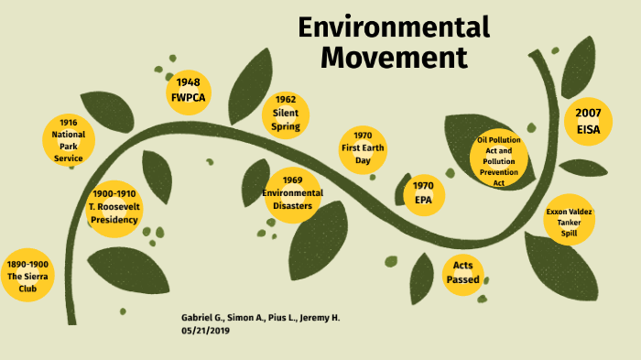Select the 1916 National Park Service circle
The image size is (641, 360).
coord(69,140)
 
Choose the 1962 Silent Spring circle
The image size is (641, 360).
coord(286,115)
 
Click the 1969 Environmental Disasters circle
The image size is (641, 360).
coord(292,193)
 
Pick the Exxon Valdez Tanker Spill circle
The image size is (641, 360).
coord(569,223)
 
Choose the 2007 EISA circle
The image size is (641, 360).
coord(588,121)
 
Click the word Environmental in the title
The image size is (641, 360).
coord(394,27)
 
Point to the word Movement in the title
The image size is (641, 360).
coord(394,58)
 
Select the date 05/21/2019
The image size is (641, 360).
coord(206,331)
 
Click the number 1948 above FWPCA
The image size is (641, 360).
coord(189,82)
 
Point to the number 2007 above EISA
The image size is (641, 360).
coord(588,112)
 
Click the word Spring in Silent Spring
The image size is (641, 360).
coord(286,126)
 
